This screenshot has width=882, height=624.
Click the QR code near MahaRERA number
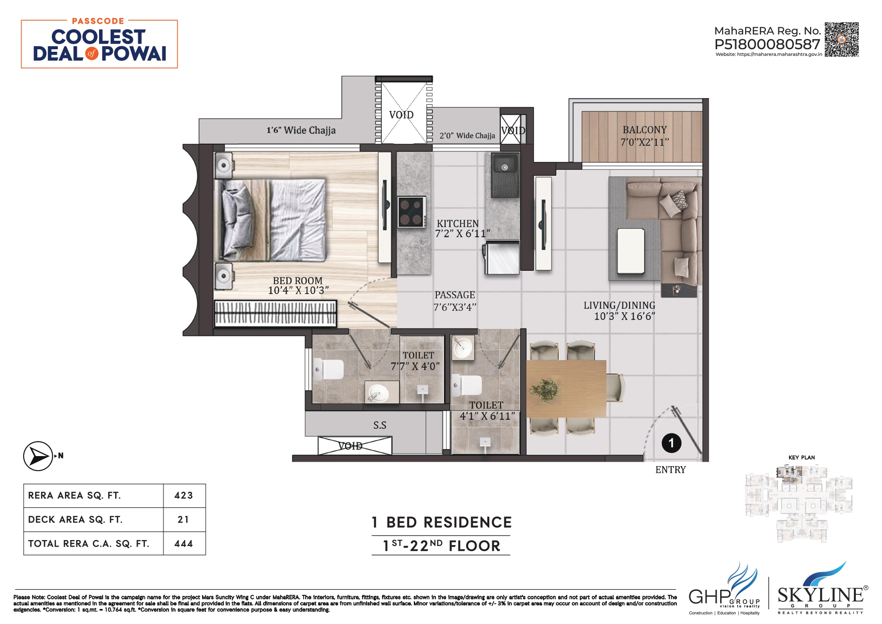coord(841,39)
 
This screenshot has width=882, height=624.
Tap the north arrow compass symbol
coord(38,456)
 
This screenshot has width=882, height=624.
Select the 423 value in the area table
coord(184,496)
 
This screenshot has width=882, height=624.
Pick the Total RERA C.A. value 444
coord(184,544)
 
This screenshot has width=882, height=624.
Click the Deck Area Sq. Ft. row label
coord(75,519)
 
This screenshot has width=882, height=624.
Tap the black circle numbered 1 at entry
coord(671,443)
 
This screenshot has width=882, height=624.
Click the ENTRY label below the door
coord(670,470)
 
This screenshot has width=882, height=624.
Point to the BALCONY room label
coord(645,130)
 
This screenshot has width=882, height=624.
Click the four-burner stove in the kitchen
coord(411,212)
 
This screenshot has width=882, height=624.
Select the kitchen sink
coord(504,174)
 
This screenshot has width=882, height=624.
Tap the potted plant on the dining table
coord(544,389)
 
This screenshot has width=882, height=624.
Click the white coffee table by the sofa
coord(631,250)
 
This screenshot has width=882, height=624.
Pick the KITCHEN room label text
coord(458,224)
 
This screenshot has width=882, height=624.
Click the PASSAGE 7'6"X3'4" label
coord(455,301)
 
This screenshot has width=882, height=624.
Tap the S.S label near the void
coord(380,425)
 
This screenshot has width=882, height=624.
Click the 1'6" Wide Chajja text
coord(301,131)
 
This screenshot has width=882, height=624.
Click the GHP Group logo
coord(724,590)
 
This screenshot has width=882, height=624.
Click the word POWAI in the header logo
coord(134,54)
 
